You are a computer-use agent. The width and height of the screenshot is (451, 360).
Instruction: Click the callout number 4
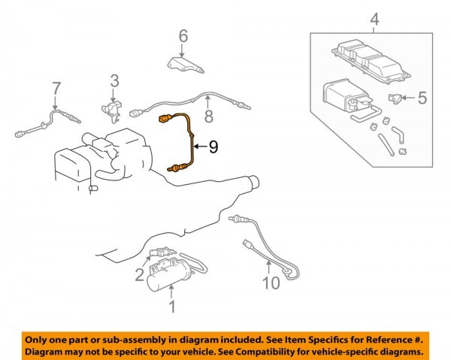374,20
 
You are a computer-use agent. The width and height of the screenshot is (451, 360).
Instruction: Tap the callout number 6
183,36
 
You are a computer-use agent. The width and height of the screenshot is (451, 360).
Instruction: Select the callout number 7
56,88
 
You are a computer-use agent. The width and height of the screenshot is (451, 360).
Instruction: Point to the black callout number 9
213,147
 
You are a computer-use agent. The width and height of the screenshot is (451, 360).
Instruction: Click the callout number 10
271,283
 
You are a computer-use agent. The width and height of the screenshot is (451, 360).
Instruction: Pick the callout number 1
172,307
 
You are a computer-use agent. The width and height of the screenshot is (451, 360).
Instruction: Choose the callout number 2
140,274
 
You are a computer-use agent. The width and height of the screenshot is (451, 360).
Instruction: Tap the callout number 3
114,81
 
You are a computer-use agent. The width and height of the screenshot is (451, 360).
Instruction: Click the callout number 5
422,98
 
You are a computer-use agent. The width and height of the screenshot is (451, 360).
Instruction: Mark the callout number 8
208,116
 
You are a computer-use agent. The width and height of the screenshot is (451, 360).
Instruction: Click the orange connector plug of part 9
165,119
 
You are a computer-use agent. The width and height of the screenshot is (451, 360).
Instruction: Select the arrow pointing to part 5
408,98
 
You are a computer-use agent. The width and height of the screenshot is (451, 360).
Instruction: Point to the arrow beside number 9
200,147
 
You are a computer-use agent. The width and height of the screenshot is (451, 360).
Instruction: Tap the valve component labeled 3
111,110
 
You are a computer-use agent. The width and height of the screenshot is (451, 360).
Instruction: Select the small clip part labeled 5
393,98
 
